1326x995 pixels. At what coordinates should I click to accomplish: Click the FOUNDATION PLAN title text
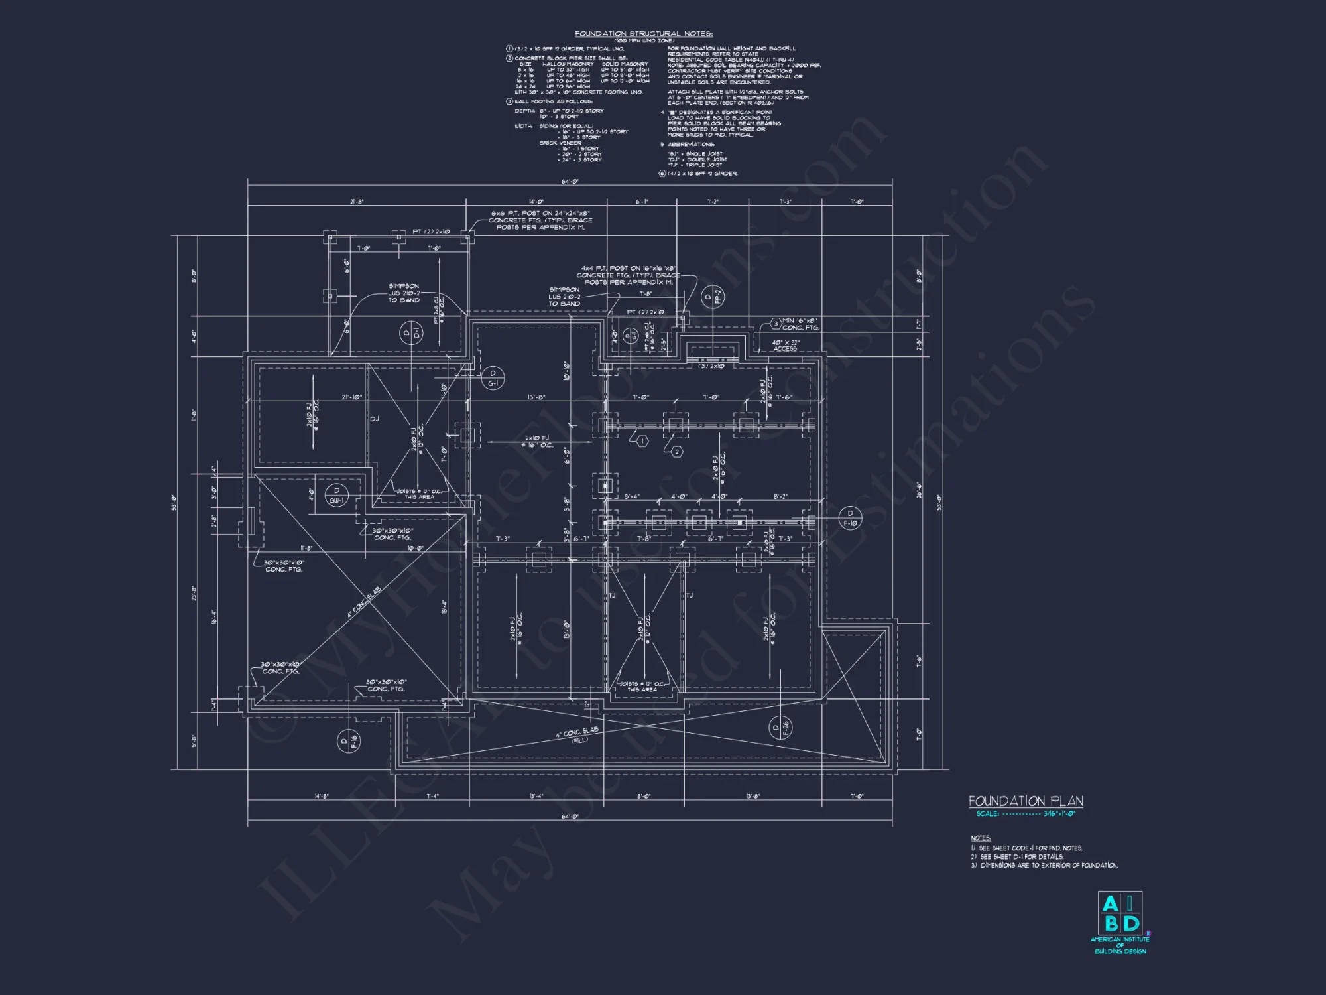point(1026,801)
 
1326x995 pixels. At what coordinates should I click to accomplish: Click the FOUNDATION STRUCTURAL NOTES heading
point(643,33)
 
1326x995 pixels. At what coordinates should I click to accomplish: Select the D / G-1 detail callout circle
point(493,378)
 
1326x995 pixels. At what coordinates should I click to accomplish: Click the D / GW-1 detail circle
point(337,496)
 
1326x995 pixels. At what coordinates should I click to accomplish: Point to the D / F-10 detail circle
point(850,518)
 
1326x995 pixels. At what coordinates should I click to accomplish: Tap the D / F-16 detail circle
point(349,741)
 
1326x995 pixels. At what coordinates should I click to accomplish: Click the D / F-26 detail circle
point(780,728)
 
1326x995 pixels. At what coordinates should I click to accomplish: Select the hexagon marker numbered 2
point(677,452)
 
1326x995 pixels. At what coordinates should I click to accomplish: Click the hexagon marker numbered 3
point(775,324)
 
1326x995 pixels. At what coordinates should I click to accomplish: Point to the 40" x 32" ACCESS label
point(786,346)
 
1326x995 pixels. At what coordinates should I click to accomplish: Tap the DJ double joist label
point(374,419)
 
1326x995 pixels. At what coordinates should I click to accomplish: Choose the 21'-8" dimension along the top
point(356,201)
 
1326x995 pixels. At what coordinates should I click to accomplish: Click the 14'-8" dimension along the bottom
point(322,796)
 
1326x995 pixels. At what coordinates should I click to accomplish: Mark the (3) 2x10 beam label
point(711,365)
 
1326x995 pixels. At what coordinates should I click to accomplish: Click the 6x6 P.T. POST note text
point(540,220)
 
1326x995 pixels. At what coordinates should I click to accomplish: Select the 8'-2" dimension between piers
point(780,496)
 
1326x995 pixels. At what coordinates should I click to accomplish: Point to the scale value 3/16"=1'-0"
point(1059,814)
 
